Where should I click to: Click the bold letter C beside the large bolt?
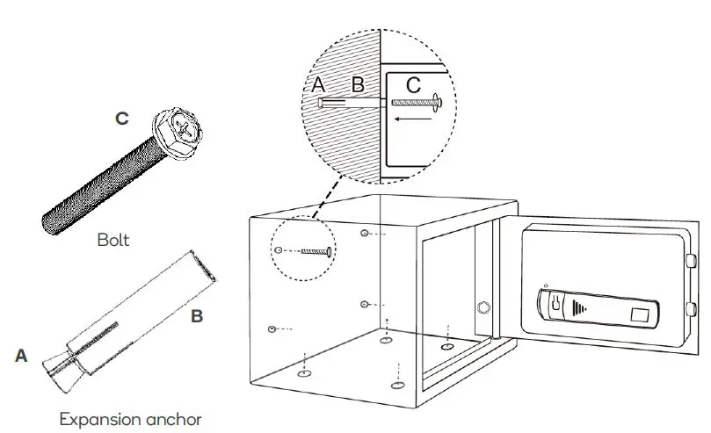pos(122,118)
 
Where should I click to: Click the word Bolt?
pos(113,239)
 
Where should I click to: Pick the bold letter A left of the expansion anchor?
pos(22,356)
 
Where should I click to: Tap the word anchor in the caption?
pos(174,419)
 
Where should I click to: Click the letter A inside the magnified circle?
pos(318,86)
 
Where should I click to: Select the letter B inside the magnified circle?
pos(358,86)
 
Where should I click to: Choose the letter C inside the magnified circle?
pos(412,86)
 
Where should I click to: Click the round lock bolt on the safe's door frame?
pos(482,308)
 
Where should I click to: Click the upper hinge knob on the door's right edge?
pos(691,261)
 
